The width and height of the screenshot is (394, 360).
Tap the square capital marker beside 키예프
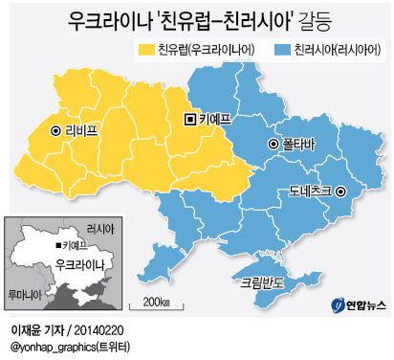(x=190, y=119)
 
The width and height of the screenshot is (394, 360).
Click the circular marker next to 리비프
(x=55, y=130)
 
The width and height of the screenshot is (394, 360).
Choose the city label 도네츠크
(x=309, y=191)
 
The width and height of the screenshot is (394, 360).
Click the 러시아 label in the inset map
(x=98, y=230)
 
